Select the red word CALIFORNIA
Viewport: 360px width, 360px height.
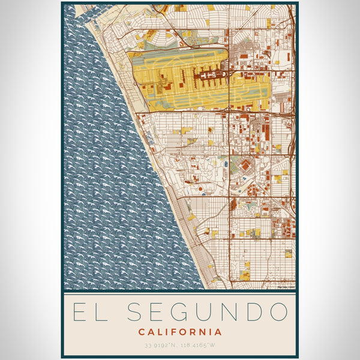[180, 332]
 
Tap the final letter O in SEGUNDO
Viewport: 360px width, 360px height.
[278, 312]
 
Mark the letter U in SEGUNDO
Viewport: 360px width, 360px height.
[205, 312]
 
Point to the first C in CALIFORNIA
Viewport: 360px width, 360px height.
[142, 332]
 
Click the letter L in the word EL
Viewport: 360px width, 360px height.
[103, 312]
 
